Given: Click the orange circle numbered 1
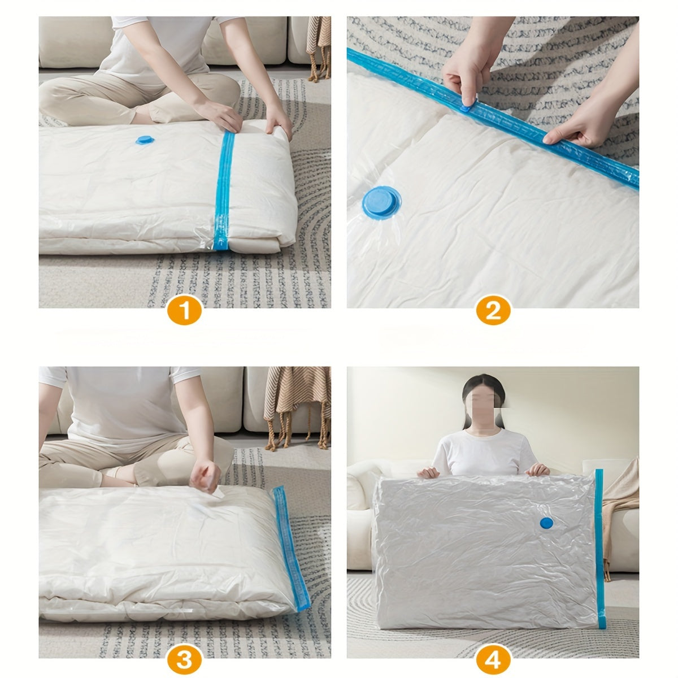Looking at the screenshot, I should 185,311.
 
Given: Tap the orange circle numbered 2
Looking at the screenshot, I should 493,311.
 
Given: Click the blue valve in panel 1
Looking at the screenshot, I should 145,140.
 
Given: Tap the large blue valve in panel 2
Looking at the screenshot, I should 381,202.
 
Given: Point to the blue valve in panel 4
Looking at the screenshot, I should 546,523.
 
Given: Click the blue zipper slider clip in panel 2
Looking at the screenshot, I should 467,105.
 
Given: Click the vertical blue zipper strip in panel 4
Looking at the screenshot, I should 599,548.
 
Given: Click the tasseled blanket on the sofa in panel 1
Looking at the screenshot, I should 318,45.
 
